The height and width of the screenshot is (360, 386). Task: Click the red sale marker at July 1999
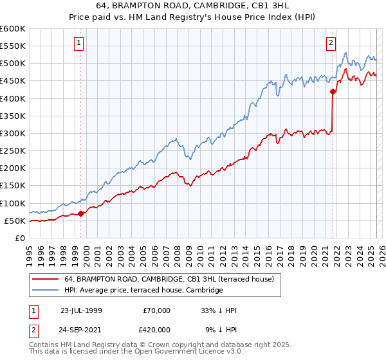81,213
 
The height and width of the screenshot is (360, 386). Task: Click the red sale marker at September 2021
333,92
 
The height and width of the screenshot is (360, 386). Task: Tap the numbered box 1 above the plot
78,43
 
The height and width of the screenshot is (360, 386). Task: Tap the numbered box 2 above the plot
331,43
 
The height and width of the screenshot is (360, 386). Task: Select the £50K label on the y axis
15,221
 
